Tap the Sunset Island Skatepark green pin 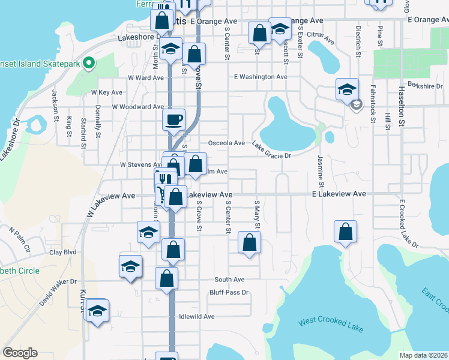coord(89,62)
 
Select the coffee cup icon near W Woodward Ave coord(173,119)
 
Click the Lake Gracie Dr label coord(271,150)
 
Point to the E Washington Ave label coord(261,77)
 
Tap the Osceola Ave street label coord(226,143)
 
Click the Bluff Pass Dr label coord(229,292)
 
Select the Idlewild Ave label coord(196,316)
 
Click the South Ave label coord(230,280)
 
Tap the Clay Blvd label coord(63,253)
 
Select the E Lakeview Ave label coord(339,194)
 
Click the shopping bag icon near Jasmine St coord(346,232)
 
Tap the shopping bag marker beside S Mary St coord(249,243)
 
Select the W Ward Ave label coord(145,78)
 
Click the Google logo coord(20,353)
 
